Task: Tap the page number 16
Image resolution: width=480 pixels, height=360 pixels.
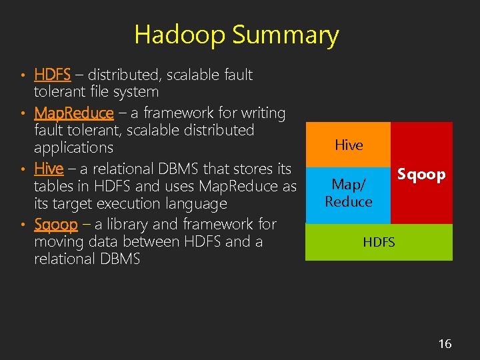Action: pyautogui.click(x=445, y=343)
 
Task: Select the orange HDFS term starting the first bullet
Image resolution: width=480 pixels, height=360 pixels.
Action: pyautogui.click(x=52, y=75)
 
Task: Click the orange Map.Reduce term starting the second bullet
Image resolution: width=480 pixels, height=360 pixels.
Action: pyautogui.click(x=73, y=113)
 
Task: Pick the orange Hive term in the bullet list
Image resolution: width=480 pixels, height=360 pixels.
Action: pyautogui.click(x=49, y=169)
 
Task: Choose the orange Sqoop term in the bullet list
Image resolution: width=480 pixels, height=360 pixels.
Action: pyautogui.click(x=55, y=224)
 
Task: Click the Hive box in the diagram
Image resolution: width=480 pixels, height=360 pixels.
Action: pyautogui.click(x=348, y=145)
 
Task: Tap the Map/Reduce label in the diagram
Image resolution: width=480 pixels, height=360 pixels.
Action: pyautogui.click(x=348, y=192)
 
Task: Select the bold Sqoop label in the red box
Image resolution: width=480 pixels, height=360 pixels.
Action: pyautogui.click(x=421, y=175)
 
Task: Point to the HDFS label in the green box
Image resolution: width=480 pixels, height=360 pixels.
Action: pyautogui.click(x=379, y=242)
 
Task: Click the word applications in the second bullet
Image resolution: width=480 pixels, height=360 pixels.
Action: pyautogui.click(x=73, y=147)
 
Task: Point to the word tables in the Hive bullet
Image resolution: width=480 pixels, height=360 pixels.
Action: pyautogui.click(x=54, y=186)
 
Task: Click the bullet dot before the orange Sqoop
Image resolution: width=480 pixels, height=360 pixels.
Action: pyautogui.click(x=23, y=225)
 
